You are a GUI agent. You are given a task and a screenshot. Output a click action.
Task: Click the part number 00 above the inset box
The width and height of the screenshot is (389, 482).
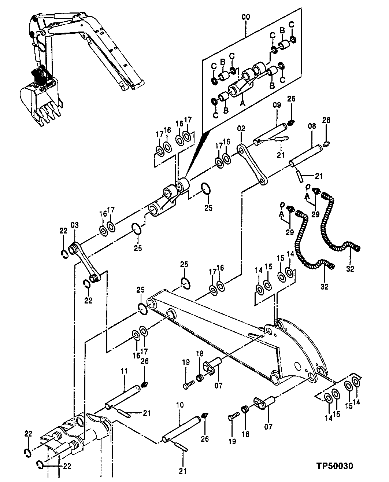245,18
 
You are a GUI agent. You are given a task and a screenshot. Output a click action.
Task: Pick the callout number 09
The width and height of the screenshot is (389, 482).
276,105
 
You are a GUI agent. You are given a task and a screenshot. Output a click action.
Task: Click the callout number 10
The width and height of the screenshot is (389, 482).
179,405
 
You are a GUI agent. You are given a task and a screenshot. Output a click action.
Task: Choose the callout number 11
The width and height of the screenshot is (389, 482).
124,371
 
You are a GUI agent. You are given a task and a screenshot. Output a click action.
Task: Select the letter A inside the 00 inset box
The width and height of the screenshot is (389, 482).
241,104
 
